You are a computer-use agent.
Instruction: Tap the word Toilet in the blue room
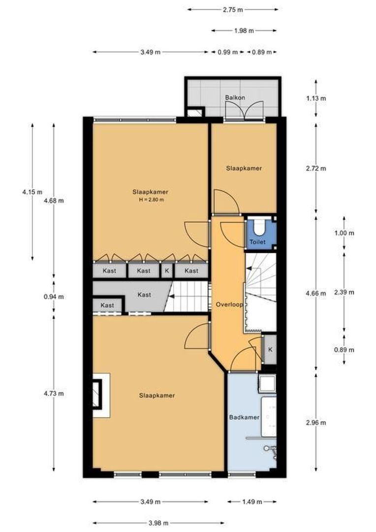257,242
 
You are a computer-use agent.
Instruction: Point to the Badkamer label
244,418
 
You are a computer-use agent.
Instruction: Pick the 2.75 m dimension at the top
233,9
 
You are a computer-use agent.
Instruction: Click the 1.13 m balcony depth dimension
316,98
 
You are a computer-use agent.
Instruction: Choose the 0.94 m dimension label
54,297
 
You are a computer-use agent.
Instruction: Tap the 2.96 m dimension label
316,423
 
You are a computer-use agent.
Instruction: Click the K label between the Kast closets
167,271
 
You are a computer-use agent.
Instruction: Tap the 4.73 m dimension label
54,393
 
